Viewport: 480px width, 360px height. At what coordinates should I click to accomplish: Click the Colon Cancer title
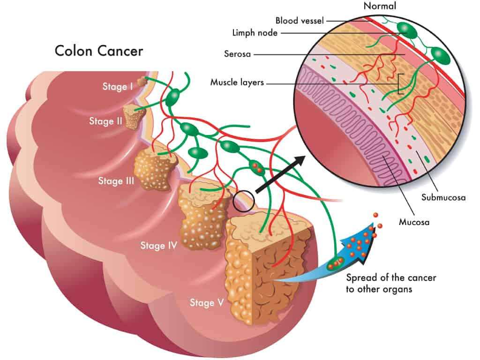pyautogui.click(x=98, y=51)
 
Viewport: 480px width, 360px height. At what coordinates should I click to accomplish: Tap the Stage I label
pyautogui.click(x=118, y=87)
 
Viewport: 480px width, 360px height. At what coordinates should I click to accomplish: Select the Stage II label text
pyautogui.click(x=105, y=121)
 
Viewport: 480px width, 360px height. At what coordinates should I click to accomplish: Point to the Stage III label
pyautogui.click(x=116, y=181)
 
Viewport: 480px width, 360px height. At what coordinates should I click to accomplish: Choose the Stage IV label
pyautogui.click(x=158, y=246)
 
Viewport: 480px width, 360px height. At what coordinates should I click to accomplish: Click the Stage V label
pyautogui.click(x=207, y=303)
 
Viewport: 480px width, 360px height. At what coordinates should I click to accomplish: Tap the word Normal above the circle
pyautogui.click(x=380, y=6)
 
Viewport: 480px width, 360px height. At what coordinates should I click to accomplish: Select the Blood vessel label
pyautogui.click(x=300, y=21)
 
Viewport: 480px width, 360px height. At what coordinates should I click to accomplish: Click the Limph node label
pyautogui.click(x=255, y=33)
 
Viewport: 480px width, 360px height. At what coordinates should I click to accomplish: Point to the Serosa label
pyautogui.click(x=237, y=54)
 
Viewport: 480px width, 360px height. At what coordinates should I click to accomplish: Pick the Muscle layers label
pyautogui.click(x=237, y=82)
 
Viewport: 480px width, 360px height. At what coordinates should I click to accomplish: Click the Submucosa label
pyautogui.click(x=443, y=197)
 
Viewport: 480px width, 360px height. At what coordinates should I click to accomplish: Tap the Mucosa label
pyautogui.click(x=414, y=222)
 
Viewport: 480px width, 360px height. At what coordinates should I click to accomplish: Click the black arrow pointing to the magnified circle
pyautogui.click(x=280, y=174)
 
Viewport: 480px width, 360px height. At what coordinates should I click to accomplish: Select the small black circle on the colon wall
pyautogui.click(x=244, y=201)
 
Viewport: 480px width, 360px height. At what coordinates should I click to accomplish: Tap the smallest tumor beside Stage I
pyautogui.click(x=142, y=82)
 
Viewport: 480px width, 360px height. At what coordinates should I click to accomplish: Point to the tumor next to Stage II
pyautogui.click(x=134, y=116)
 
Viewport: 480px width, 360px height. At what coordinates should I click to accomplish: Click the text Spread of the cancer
pyautogui.click(x=391, y=277)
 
